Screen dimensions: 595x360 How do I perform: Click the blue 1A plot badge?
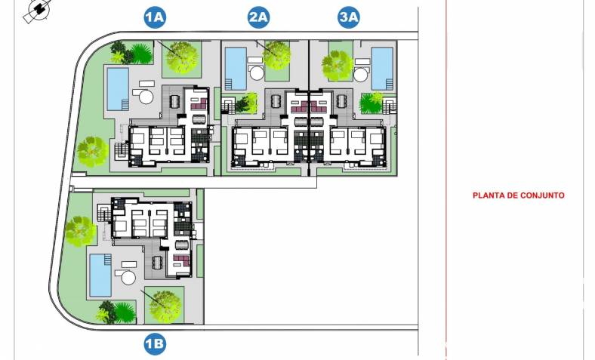tap(155, 17)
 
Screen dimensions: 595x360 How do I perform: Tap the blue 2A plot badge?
tap(258, 17)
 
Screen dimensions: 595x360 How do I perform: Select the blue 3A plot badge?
tap(349, 17)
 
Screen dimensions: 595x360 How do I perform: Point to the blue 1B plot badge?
tap(155, 344)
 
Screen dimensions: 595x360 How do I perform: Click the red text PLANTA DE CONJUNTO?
tap(518, 195)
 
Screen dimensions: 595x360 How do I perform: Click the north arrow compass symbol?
tap(37, 10)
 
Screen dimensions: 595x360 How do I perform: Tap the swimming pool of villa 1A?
tap(118, 88)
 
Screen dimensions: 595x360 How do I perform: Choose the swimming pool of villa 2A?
tap(236, 68)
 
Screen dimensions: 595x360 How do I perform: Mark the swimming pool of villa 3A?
tap(382, 68)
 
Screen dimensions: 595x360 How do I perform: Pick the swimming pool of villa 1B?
tap(100, 275)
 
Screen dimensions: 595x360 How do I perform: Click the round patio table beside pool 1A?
tap(146, 97)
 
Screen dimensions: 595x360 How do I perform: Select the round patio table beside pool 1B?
tap(128, 278)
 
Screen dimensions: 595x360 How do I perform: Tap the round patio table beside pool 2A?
tap(257, 73)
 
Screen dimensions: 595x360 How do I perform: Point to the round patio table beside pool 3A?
tap(360, 75)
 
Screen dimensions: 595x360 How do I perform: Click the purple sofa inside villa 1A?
tap(199, 104)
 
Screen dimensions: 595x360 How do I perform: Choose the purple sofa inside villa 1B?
tap(181, 260)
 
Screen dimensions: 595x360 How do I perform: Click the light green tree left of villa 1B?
tap(80, 231)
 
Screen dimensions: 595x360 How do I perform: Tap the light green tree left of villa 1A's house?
tap(92, 152)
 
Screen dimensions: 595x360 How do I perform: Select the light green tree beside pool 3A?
tap(337, 65)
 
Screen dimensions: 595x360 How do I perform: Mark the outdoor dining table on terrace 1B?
tap(156, 261)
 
